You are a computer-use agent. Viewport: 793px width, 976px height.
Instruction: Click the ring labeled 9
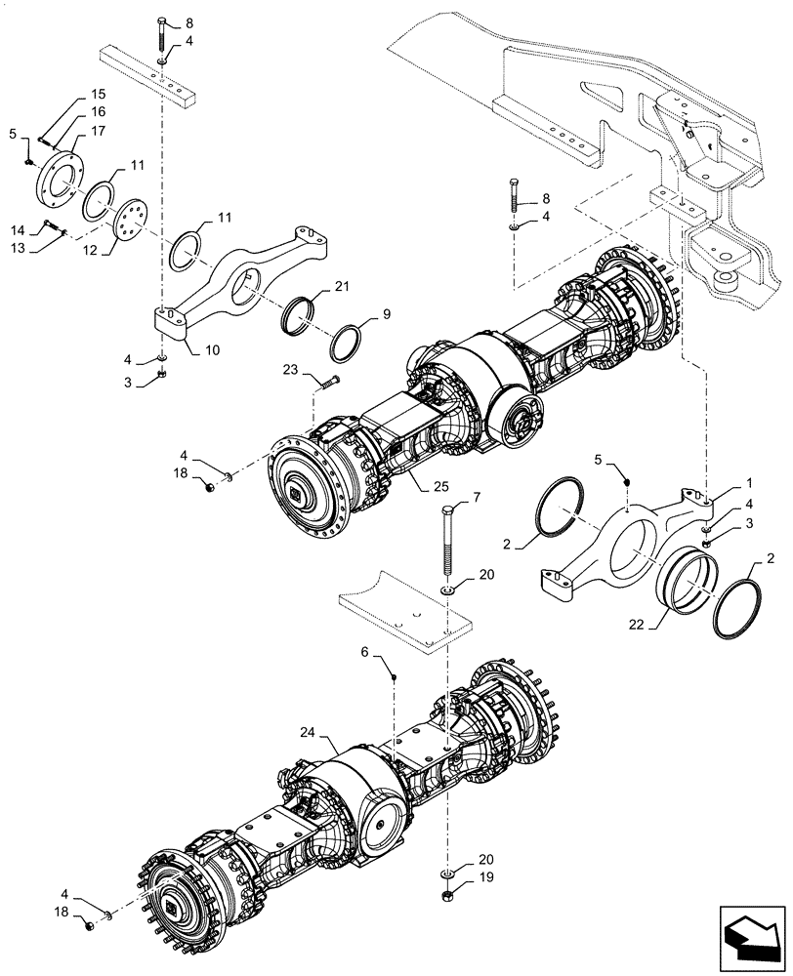[x=347, y=343]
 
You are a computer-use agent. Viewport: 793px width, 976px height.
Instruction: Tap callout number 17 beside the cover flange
[x=100, y=132]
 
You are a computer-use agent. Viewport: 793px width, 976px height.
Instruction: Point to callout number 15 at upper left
[x=100, y=94]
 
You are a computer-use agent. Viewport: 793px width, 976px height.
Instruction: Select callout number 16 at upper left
[x=100, y=112]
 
